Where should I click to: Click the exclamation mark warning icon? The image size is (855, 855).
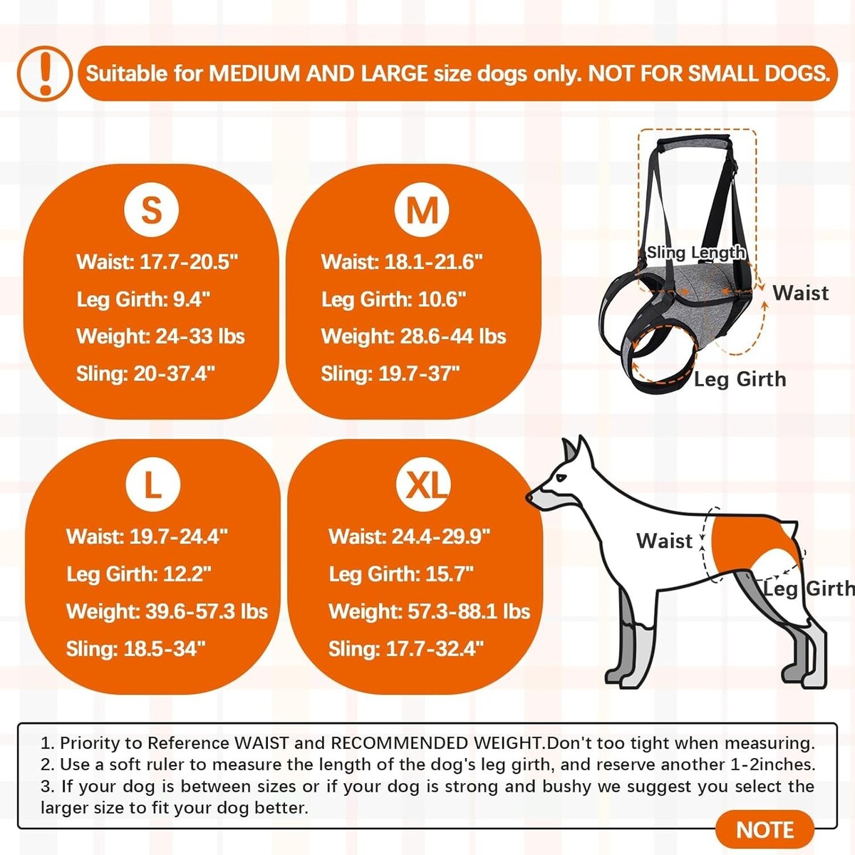pos(45,73)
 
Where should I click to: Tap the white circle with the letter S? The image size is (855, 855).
pos(151,210)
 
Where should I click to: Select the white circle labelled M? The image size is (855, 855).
pos(422,210)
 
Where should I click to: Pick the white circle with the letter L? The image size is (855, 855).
pos(153,484)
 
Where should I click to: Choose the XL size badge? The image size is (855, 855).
pos(423,484)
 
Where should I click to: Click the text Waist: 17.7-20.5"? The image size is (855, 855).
pos(157,261)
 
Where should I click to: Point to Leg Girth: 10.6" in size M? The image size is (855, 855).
pos(393,299)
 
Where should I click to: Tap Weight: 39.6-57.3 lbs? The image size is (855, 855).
pos(167,611)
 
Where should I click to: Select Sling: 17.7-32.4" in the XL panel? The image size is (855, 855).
pos(405,648)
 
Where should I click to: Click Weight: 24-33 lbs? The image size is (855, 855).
pos(160,336)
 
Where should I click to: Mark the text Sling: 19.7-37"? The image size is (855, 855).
pos(390,373)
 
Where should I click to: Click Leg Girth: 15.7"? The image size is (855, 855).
pos(401,574)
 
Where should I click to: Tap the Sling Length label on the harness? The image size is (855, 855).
pos(695,253)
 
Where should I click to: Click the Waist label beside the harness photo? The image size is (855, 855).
pos(800,294)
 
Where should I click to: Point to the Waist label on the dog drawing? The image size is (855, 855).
pos(664,541)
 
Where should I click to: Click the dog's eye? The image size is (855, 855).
pos(561,478)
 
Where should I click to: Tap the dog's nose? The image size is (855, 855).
pos(530,497)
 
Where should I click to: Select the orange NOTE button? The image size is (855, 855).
pos(765,830)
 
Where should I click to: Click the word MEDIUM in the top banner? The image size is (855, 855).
pos(255,73)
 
